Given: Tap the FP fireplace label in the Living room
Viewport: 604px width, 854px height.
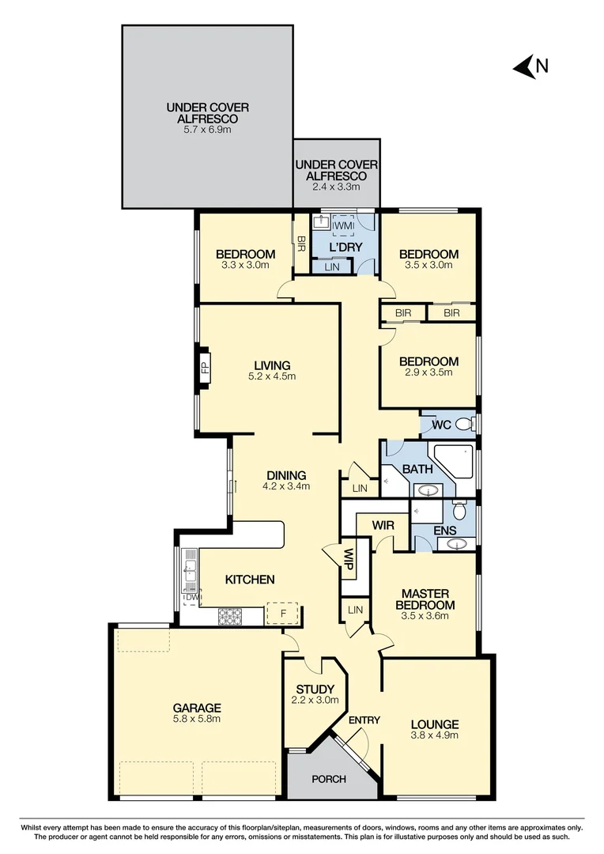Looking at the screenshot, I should pos(205,367).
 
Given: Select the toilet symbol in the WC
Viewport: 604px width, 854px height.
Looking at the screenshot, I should pos(466,425).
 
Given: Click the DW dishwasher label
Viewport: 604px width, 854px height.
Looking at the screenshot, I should pos(190,597).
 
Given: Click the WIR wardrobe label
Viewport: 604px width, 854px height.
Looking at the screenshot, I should pos(383,524).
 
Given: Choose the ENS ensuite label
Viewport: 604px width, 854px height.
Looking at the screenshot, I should pos(444,530).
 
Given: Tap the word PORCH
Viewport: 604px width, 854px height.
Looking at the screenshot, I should pos(329,779).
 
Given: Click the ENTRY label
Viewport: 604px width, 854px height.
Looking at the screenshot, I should pos(364,720).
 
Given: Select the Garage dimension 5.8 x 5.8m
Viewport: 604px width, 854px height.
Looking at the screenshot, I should pos(197,719).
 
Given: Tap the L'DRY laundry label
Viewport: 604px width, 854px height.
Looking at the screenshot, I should pos(345,248).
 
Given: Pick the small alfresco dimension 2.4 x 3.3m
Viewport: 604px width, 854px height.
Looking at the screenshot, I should pos(337,187).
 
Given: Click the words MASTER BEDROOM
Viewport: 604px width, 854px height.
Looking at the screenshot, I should pos(425,599).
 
